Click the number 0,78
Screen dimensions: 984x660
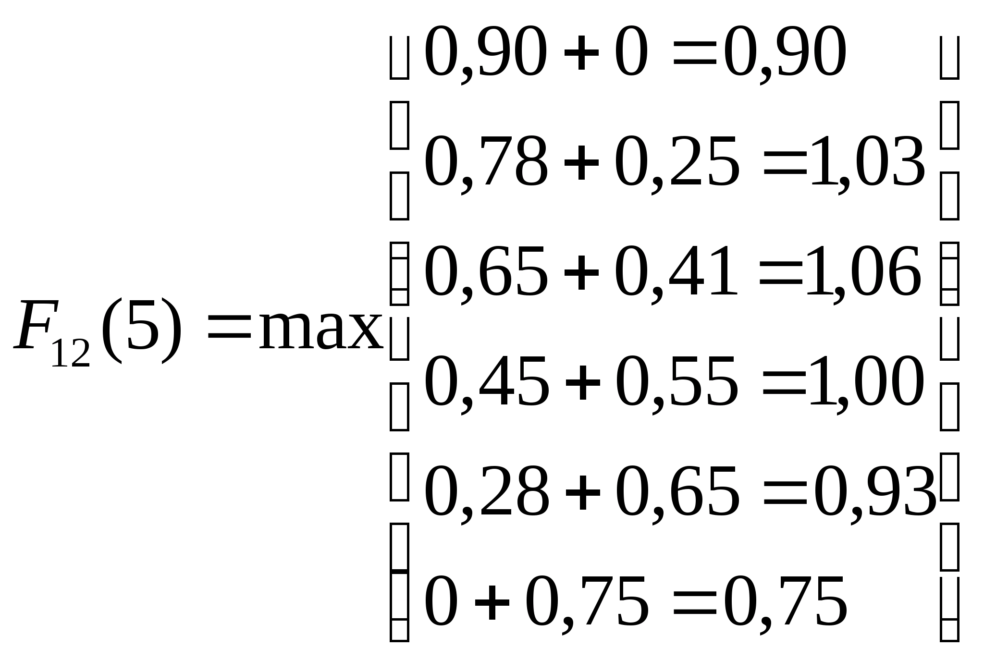[486, 162]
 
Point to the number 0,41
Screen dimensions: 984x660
[676, 271]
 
